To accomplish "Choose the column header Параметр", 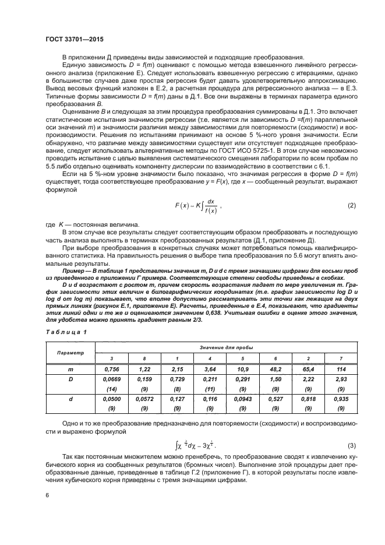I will click(70, 353).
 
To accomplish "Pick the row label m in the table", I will click(70, 370).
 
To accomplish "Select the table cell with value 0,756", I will click(112, 370).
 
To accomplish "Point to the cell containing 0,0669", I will click(112, 380).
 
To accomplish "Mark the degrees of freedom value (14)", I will click(112, 389).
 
